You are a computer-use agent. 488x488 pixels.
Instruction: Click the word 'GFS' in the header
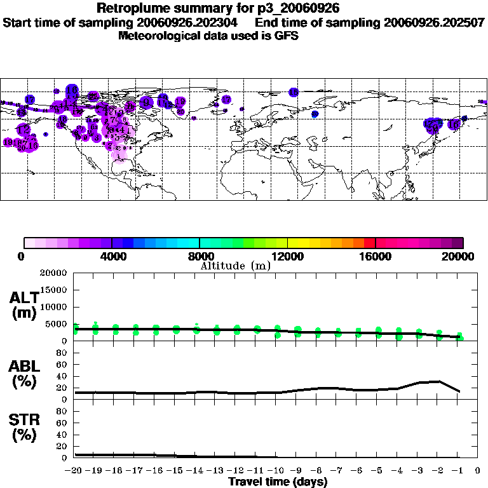pyautogui.click(x=286, y=36)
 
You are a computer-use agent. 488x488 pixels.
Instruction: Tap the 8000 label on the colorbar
pyautogui.click(x=199, y=256)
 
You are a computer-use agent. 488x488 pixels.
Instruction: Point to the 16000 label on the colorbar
pyautogui.click(x=376, y=256)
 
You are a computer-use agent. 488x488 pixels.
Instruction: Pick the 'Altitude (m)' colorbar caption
pyautogui.click(x=235, y=266)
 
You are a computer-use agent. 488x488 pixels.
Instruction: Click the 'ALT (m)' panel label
pyautogui.click(x=24, y=305)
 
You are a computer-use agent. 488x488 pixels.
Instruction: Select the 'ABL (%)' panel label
pyautogui.click(x=24, y=373)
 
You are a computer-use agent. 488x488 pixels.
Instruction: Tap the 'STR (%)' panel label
pyautogui.click(x=24, y=427)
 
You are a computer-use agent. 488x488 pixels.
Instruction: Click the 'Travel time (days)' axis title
pyautogui.click(x=278, y=482)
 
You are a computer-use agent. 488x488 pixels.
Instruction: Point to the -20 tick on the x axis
pyautogui.click(x=74, y=471)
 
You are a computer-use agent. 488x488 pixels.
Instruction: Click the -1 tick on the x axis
pyautogui.click(x=457, y=471)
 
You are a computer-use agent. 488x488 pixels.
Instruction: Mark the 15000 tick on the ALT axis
pyautogui.click(x=53, y=290)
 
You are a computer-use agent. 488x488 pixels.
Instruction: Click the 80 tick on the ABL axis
pyautogui.click(x=62, y=353)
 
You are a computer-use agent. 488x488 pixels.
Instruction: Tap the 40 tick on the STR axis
pyautogui.click(x=62, y=435)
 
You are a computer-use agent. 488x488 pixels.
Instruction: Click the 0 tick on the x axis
pyautogui.click(x=478, y=471)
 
